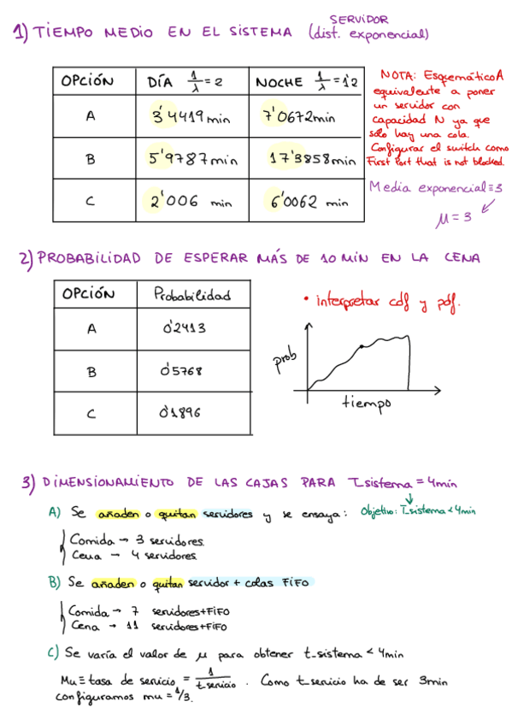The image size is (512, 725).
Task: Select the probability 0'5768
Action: tap(181, 370)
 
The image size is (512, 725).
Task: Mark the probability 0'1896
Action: tap(180, 413)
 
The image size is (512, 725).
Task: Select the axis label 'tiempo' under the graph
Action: tap(366, 402)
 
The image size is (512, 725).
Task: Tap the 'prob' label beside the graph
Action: tap(284, 363)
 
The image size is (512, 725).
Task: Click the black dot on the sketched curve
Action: tap(362, 345)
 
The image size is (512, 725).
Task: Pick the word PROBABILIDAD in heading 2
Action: tap(95, 257)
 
